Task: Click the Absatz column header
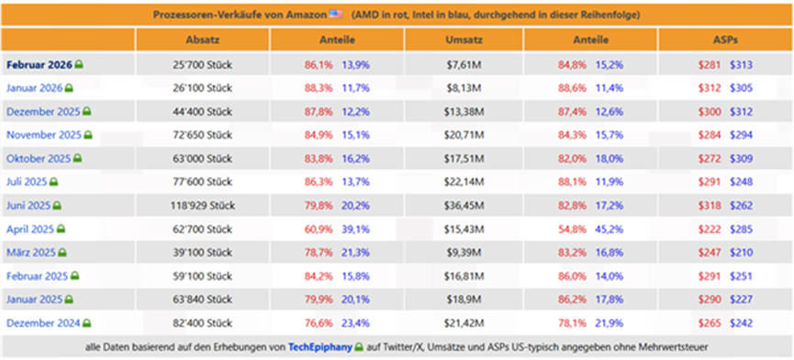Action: tap(203, 39)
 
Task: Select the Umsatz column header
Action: tap(464, 39)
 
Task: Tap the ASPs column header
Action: tap(725, 39)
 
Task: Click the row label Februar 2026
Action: tap(39, 65)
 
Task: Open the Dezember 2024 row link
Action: tap(43, 323)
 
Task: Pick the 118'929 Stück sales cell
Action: tap(203, 206)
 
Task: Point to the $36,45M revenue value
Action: tap(464, 206)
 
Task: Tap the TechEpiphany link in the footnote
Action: tap(320, 347)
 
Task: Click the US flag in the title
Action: tap(336, 14)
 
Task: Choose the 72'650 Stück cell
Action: tap(203, 135)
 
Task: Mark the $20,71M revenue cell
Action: tap(464, 135)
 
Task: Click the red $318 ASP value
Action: tap(710, 206)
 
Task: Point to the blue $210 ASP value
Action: tap(741, 253)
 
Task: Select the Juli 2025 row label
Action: tap(27, 182)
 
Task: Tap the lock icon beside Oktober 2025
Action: tap(77, 159)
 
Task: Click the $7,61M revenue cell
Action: tap(464, 65)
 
